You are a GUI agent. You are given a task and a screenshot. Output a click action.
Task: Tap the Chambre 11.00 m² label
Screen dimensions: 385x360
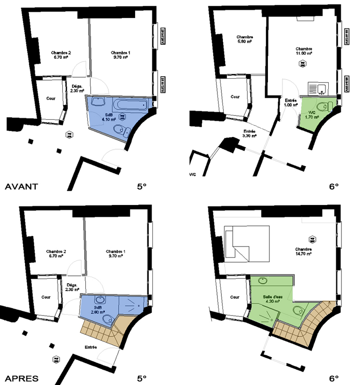304,51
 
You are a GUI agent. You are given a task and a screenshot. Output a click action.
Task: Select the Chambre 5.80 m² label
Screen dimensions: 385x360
244,40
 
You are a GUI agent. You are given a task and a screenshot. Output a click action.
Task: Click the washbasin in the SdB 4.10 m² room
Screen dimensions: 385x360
97,103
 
